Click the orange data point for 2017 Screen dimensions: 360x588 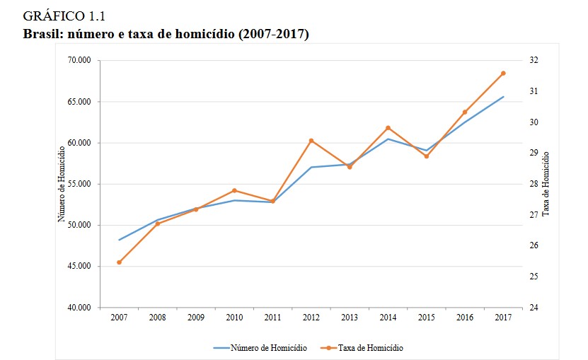pyautogui.click(x=503, y=73)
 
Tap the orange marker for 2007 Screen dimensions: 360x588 pyautogui.click(x=119, y=262)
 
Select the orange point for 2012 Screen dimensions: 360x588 pyautogui.click(x=311, y=141)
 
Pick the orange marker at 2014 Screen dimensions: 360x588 pyautogui.click(x=388, y=128)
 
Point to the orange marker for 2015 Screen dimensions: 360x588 pyautogui.click(x=426, y=156)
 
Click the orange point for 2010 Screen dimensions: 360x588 pyautogui.click(x=234, y=190)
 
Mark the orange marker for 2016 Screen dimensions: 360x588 pyautogui.click(x=465, y=112)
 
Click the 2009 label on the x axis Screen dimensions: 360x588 pyautogui.click(x=196, y=318)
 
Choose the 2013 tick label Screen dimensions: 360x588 pyautogui.click(x=350, y=318)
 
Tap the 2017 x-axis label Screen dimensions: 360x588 pyautogui.click(x=503, y=318)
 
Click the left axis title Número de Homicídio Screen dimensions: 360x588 pyautogui.click(x=62, y=184)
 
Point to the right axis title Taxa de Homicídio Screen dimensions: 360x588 pyautogui.click(x=546, y=184)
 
